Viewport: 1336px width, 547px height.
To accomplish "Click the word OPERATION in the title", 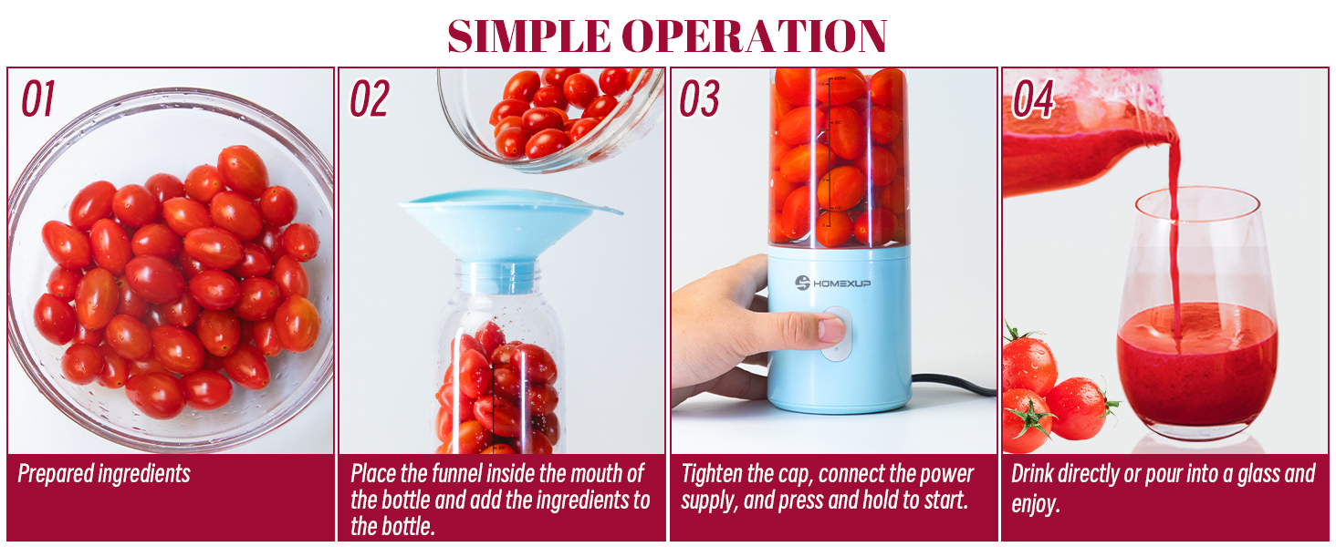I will (755, 36).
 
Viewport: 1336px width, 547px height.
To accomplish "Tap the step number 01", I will (38, 99).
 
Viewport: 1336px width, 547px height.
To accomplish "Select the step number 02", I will (370, 99).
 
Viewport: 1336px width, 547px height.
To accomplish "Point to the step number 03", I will (700, 99).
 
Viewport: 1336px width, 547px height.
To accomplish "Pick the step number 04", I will (1033, 99).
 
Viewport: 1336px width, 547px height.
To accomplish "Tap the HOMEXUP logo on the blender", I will (832, 283).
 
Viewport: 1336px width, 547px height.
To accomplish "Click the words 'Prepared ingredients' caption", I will (104, 474).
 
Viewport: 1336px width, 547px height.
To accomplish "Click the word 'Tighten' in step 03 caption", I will (714, 474).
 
